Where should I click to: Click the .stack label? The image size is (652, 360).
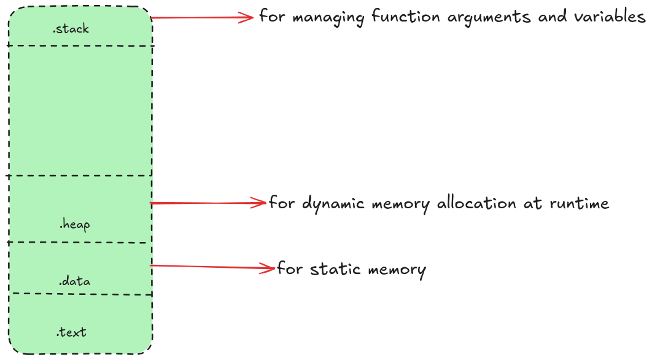click(71, 28)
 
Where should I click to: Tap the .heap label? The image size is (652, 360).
click(74, 225)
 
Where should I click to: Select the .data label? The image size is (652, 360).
click(74, 281)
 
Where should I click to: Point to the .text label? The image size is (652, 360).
click(71, 332)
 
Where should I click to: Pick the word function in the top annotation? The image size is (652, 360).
click(406, 17)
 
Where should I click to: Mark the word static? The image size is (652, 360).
click(332, 269)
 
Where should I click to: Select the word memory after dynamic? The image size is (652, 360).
click(399, 203)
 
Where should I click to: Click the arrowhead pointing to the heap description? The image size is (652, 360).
click(259, 203)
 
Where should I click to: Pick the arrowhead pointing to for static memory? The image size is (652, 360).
click(268, 268)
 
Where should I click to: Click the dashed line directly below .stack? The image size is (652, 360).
click(80, 45)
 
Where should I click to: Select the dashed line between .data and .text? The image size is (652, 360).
click(80, 294)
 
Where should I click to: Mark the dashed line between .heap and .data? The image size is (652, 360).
click(80, 243)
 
